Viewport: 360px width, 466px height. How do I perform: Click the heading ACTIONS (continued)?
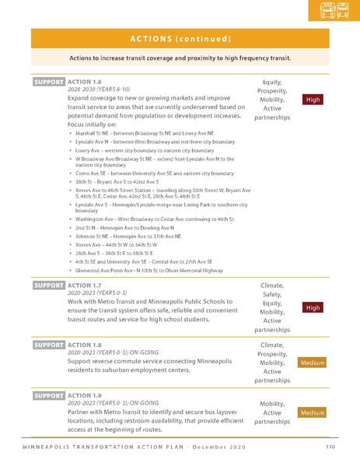coord(180,39)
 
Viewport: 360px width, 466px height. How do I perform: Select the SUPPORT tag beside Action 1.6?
coord(48,82)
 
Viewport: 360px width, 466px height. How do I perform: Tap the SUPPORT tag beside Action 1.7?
coord(48,286)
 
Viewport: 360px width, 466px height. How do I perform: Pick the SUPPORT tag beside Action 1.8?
coord(48,345)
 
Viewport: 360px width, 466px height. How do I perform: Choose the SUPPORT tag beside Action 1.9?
coord(48,395)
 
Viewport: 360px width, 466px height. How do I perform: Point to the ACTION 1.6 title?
coord(85,82)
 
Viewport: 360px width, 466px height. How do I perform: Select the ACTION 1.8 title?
coord(85,345)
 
